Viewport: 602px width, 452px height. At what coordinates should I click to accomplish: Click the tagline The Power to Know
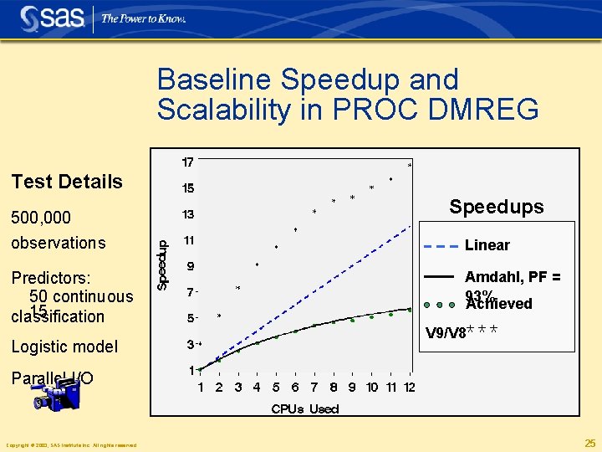click(x=143, y=18)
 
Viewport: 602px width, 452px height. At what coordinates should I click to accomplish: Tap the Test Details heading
click(x=67, y=182)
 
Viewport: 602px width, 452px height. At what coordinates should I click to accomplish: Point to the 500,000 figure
click(x=41, y=218)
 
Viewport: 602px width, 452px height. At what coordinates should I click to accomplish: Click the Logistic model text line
click(x=64, y=347)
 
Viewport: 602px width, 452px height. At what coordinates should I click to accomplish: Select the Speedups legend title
click(x=496, y=207)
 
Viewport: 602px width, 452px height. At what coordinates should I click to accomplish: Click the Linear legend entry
click(x=487, y=245)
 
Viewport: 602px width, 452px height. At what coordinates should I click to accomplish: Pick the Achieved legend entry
click(x=499, y=304)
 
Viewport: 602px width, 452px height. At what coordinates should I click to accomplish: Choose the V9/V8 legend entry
click(x=445, y=333)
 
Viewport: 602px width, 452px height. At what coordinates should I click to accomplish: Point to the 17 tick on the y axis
click(x=189, y=162)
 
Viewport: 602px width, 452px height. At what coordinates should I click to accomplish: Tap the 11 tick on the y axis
click(x=189, y=240)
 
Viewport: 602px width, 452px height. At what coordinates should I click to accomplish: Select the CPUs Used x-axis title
click(x=305, y=409)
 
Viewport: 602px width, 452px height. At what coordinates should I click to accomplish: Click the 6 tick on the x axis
click(x=295, y=388)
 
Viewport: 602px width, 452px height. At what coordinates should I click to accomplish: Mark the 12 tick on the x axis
click(x=409, y=388)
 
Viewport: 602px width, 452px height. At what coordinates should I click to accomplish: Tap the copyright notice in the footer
click(x=71, y=444)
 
